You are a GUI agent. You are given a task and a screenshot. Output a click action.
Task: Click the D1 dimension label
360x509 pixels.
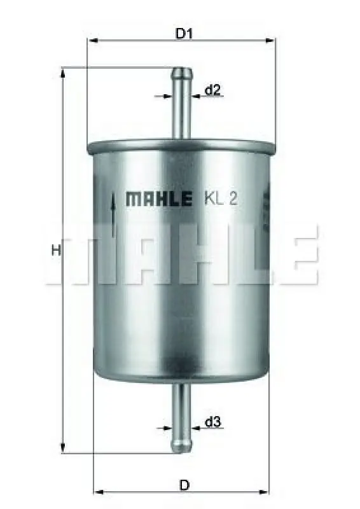184,33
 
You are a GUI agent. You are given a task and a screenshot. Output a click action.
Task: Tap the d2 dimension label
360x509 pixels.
212,90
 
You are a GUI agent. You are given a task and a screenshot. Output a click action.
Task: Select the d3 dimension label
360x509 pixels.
213,422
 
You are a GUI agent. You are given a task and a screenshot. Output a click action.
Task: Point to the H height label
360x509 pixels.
56,250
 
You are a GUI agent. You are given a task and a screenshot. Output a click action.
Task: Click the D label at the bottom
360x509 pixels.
184,485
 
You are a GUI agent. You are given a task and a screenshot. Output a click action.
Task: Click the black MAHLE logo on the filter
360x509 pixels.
158,199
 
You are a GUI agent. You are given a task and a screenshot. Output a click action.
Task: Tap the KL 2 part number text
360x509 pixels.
221,199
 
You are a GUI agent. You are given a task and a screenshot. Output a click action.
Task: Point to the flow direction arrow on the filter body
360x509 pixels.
113,214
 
